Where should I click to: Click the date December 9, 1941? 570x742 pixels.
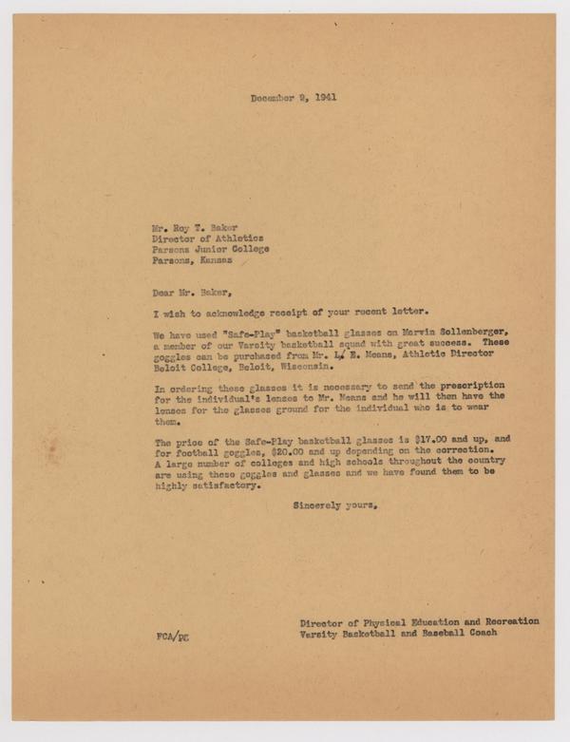pos(293,97)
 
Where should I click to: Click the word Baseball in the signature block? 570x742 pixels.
pos(439,633)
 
